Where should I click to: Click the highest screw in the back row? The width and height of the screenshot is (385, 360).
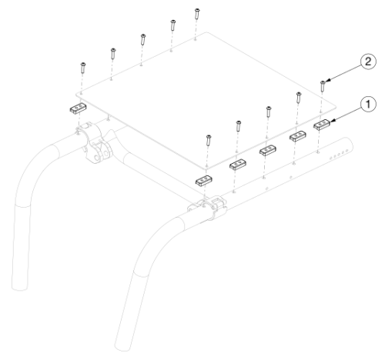[198, 12]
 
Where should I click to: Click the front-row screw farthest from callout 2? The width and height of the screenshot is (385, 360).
[207, 139]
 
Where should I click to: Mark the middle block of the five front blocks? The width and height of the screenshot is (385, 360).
[267, 149]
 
